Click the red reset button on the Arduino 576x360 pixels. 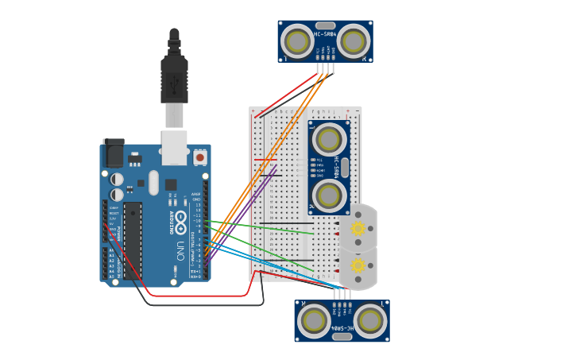tap(199, 157)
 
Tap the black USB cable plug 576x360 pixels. tap(174, 79)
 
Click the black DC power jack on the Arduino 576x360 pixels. tap(114, 153)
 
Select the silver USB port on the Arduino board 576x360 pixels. tap(174, 147)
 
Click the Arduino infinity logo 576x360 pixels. tap(182, 219)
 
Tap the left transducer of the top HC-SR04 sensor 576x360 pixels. tap(298, 41)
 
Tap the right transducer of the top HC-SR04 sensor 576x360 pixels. tap(353, 41)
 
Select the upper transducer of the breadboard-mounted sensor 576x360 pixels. tap(329, 139)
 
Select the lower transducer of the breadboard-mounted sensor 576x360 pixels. tap(329, 194)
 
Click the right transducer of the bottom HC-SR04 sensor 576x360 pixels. tap(369, 320)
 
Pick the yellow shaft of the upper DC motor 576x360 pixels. tap(358, 229)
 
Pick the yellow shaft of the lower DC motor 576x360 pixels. tap(358, 265)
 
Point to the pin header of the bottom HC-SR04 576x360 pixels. tap(342, 295)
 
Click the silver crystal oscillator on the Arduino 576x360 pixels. tap(153, 182)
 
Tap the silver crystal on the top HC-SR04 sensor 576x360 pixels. tap(325, 25)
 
